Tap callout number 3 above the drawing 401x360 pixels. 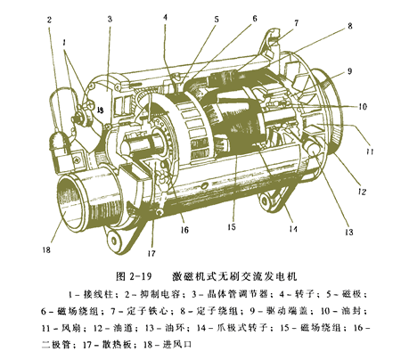(109, 18)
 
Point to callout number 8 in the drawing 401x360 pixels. (349, 27)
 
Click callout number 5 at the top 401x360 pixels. (215, 18)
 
